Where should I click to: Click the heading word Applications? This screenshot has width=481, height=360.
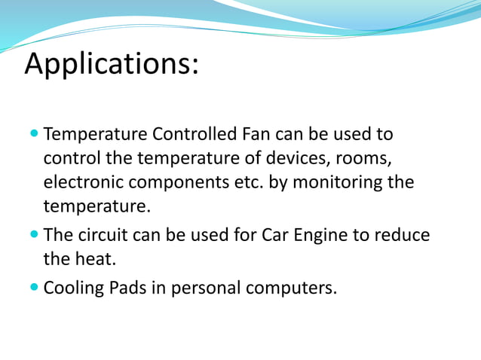(x=111, y=64)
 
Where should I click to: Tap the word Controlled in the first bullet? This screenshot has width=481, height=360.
(x=198, y=135)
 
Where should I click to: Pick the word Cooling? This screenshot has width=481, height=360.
(x=72, y=288)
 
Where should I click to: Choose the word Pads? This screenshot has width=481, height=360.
(x=125, y=287)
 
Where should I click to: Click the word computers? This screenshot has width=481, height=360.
(x=292, y=288)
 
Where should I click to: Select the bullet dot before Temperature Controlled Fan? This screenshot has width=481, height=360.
(x=35, y=136)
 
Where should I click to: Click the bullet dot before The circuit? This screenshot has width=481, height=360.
(x=35, y=235)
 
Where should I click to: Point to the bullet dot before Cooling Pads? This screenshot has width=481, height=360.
(x=35, y=287)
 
